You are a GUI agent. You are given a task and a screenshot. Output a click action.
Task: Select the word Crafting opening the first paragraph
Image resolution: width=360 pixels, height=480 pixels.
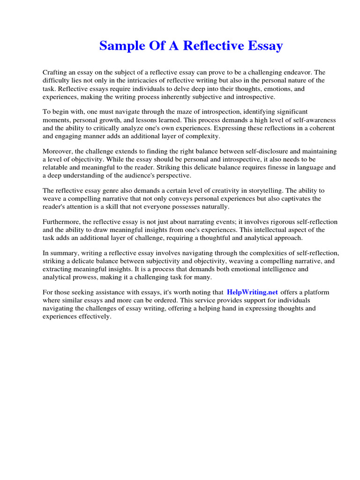point(55,73)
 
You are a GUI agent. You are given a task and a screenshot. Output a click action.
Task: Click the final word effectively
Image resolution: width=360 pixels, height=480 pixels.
point(95,316)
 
